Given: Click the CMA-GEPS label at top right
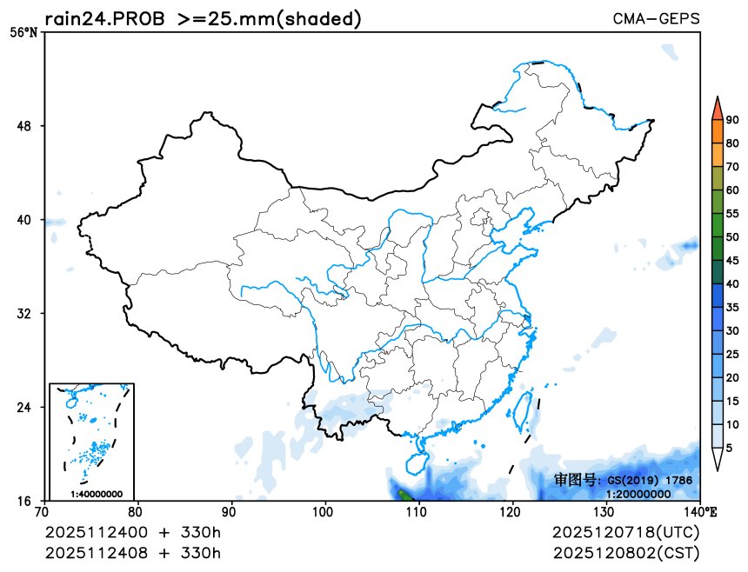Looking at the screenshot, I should click(x=656, y=18).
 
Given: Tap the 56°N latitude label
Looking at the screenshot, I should click(x=23, y=33).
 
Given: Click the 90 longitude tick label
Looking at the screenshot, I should click(x=231, y=512).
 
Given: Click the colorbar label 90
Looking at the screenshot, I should click(x=732, y=120).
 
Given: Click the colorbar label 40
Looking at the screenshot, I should click(x=732, y=283).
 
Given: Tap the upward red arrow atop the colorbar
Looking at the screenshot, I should click(x=717, y=107).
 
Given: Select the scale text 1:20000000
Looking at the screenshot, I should click(x=638, y=494).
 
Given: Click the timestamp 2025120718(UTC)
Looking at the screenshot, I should click(x=625, y=532).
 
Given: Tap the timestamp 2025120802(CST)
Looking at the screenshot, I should click(x=625, y=553).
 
